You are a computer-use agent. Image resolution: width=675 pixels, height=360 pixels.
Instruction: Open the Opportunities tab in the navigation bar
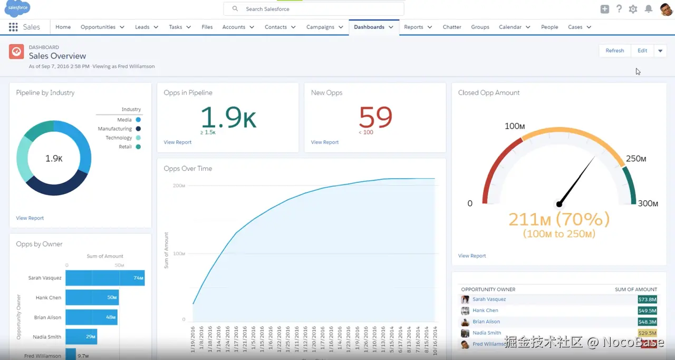(x=98, y=27)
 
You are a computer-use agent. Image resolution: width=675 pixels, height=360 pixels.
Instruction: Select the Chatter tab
(x=452, y=27)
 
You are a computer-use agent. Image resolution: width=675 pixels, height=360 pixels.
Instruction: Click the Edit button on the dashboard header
(x=642, y=51)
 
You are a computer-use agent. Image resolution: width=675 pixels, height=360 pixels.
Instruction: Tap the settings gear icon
(x=633, y=9)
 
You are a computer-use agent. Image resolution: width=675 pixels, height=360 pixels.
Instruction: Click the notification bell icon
(x=648, y=9)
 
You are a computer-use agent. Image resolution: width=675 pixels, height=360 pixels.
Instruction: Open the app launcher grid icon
(x=13, y=27)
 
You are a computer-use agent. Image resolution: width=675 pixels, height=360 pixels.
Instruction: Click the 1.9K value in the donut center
(x=54, y=158)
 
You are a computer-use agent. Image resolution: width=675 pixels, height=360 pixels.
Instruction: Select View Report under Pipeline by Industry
(x=30, y=218)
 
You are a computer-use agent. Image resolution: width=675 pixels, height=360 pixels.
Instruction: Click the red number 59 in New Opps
(x=375, y=117)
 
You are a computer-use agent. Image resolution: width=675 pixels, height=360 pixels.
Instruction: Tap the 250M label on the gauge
(x=636, y=159)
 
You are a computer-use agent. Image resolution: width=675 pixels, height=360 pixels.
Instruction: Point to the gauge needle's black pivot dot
(x=559, y=204)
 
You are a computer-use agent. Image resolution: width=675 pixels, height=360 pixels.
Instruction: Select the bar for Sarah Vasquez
(x=104, y=278)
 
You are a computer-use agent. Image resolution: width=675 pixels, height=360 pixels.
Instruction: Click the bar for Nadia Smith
(x=81, y=337)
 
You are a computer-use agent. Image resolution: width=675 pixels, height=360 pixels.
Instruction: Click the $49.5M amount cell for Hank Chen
(x=647, y=310)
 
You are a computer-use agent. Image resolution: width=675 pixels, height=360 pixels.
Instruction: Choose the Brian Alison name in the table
(x=486, y=322)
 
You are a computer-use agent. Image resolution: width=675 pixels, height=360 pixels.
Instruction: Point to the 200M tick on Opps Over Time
(x=178, y=186)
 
